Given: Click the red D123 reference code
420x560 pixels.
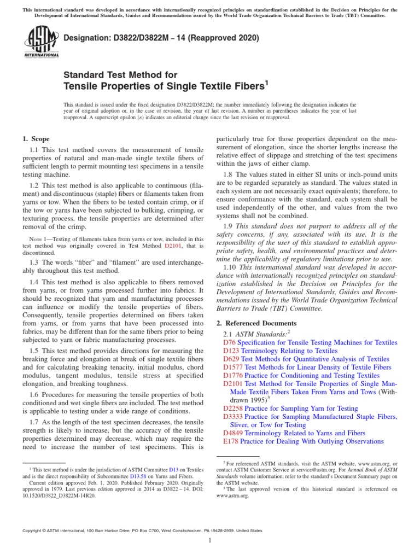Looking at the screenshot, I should [x=232, y=351].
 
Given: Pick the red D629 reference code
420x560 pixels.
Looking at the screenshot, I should [x=232, y=359].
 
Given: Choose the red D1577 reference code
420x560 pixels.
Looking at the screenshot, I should [x=234, y=367].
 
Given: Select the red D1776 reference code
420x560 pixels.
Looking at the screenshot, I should [x=234, y=376].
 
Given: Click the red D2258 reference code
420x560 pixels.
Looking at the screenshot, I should [x=234, y=409].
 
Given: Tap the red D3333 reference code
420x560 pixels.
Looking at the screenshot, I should [x=234, y=417].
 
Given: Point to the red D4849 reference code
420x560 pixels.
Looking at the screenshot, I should [x=234, y=433].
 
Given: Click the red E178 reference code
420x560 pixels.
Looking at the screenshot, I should [x=231, y=441].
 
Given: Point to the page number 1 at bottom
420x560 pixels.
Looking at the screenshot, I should [x=210, y=541].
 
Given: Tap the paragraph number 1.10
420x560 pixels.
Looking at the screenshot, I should [x=230, y=267].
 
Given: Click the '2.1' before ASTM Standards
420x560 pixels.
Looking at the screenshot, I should [x=229, y=334].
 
